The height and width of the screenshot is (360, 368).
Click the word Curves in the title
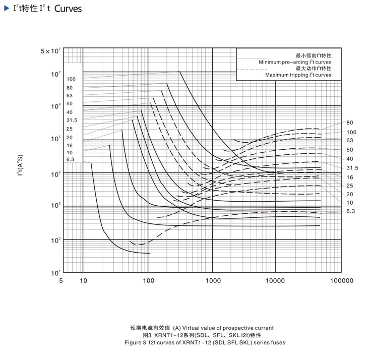coord(68,9)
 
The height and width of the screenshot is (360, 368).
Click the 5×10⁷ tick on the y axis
coord(51,51)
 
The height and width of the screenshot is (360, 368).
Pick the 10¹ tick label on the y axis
coord(54,273)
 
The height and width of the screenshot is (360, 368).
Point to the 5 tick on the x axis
coord(61,281)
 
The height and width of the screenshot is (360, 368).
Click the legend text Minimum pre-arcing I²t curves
coord(295,62)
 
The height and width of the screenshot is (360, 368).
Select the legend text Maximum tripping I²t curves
coord(298,75)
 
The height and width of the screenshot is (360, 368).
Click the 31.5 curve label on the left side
coord(72,120)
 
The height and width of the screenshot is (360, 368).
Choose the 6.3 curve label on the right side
coord(351,211)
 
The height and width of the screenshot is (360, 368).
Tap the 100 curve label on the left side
coord(71,79)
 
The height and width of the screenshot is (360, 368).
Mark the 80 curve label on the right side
coord(350,123)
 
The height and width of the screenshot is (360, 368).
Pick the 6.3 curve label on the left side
coord(71,160)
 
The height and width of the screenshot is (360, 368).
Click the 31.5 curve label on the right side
coord(352,167)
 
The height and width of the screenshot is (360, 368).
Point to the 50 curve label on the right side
coord(350,150)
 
